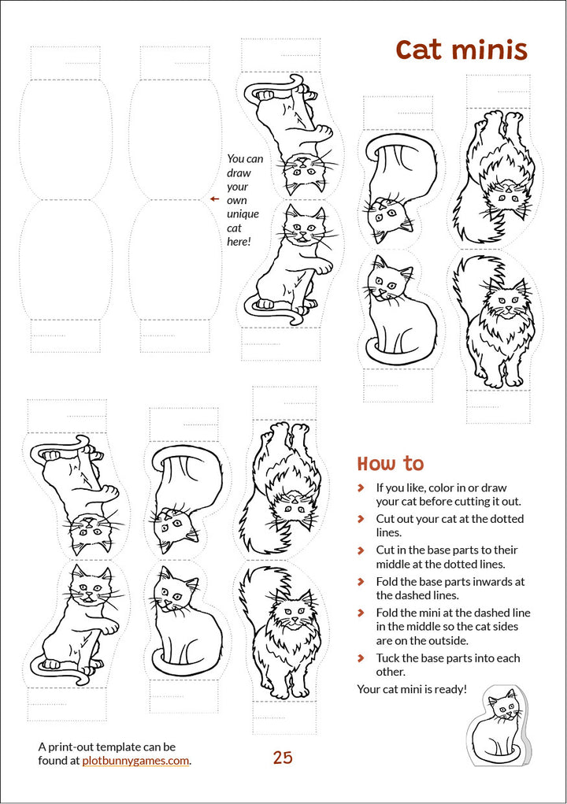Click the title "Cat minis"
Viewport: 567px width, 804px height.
click(461, 50)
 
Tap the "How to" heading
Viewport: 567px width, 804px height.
click(391, 464)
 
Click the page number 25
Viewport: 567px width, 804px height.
click(283, 758)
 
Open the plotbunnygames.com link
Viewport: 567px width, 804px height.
click(135, 761)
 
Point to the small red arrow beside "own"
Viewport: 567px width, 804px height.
click(214, 199)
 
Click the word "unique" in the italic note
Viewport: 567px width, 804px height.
click(243, 214)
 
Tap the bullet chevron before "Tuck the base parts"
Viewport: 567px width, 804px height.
click(361, 658)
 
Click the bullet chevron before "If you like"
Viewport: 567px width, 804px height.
click(361, 487)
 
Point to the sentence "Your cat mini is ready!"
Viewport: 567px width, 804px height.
click(412, 688)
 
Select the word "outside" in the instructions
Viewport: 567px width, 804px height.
click(448, 640)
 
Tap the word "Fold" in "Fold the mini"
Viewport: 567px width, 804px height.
click(387, 613)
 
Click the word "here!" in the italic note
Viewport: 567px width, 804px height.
click(239, 241)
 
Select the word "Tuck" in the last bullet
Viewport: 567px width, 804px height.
click(387, 658)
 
